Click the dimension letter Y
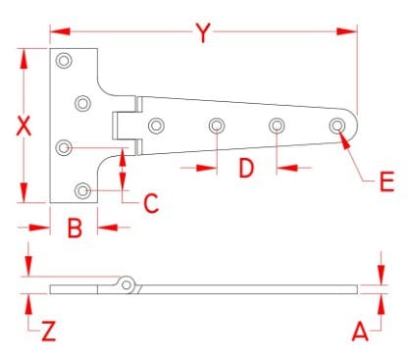[203, 32]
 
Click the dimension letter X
[24, 126]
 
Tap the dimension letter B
[75, 228]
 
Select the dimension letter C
[151, 203]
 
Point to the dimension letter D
[246, 169]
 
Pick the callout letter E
[386, 181]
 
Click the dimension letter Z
[49, 332]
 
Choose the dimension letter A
[360, 332]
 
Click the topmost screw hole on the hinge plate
[64, 61]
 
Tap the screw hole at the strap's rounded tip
[337, 126]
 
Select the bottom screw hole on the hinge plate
[82, 190]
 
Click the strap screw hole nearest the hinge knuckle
[156, 126]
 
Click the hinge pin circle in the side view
[127, 284]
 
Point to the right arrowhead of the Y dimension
[346, 31]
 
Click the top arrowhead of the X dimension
[24, 59]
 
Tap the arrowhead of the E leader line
[344, 139]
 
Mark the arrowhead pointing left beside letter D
[287, 168]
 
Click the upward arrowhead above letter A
[381, 304]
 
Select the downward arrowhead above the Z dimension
[28, 267]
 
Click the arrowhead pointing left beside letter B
[108, 228]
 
